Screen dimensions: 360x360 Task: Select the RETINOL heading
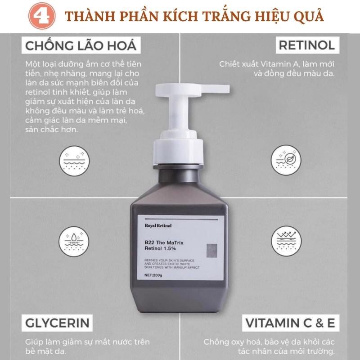pos(306,45)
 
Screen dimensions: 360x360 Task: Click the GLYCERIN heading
pos(56,323)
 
